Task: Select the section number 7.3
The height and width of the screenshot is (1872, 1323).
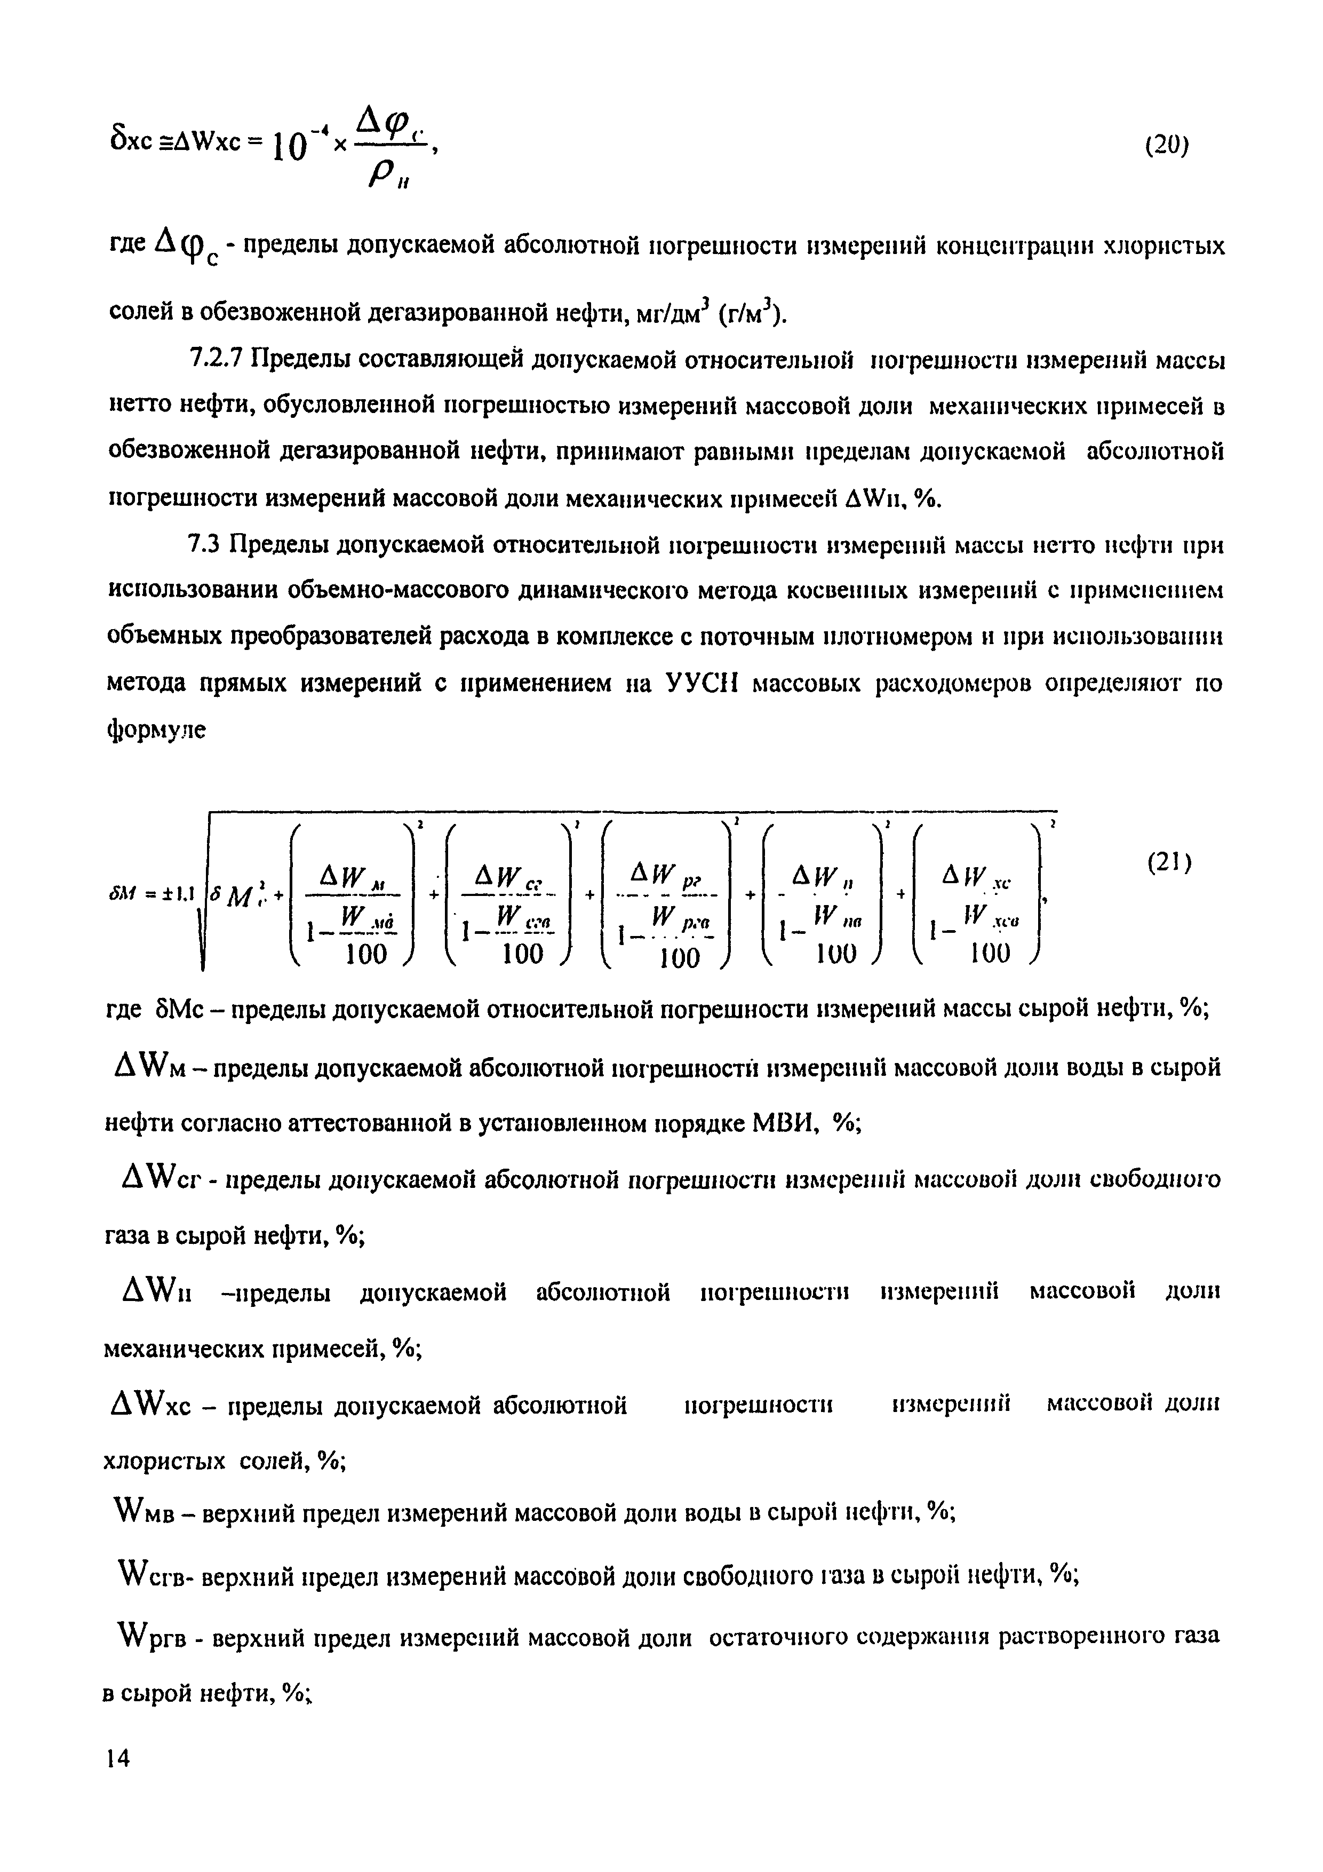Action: pyautogui.click(x=205, y=543)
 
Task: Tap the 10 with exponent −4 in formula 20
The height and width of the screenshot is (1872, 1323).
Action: pyautogui.click(x=303, y=147)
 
